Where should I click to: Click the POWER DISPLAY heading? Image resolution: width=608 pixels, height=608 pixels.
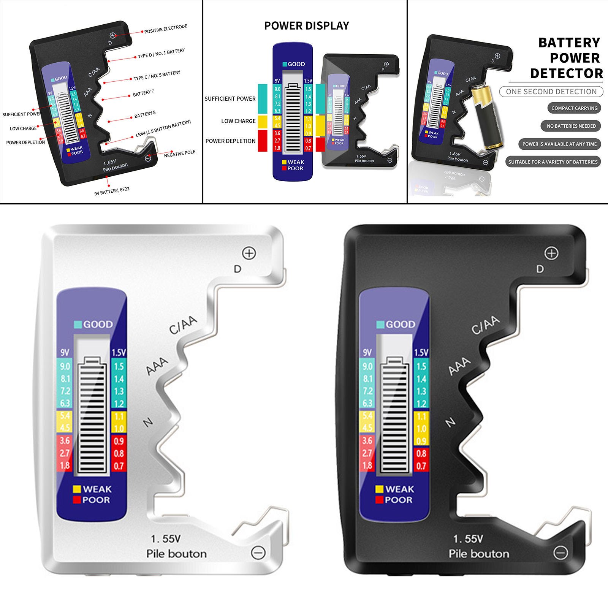(306, 26)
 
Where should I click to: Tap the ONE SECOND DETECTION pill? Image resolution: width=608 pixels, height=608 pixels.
(551, 92)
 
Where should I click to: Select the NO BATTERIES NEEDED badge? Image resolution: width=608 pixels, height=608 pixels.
(571, 126)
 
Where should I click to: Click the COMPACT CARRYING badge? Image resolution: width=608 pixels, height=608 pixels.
(574, 108)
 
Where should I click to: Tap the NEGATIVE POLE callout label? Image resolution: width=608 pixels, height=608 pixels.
(179, 154)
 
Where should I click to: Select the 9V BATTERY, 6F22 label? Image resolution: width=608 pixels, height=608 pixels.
(112, 191)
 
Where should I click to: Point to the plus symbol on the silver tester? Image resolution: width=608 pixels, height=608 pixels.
(249, 253)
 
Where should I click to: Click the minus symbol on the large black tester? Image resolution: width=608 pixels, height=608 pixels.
(560, 553)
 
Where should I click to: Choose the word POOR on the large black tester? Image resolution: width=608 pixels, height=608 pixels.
(398, 500)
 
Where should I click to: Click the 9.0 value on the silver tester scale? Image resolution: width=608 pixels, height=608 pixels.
(65, 366)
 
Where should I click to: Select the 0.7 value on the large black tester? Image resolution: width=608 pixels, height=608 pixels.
(421, 466)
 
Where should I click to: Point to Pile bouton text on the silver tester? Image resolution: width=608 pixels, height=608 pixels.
(177, 554)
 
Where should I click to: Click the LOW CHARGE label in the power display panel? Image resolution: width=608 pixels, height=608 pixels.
(238, 121)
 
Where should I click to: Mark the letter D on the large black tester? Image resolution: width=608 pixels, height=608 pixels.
(540, 269)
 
